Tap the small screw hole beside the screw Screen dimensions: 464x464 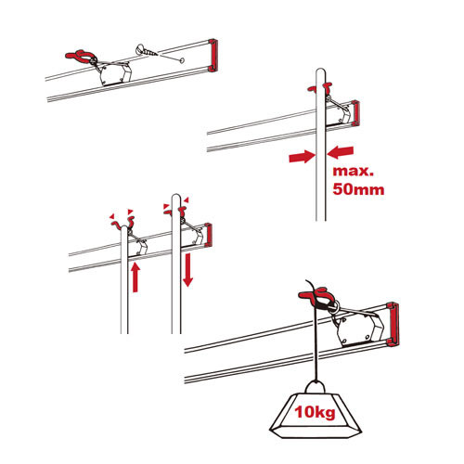click(x=182, y=60)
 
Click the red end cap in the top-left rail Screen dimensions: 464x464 click(x=213, y=56)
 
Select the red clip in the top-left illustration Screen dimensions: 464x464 click(x=80, y=56)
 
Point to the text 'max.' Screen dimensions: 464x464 click(x=353, y=171)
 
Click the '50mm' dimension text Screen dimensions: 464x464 click(x=358, y=189)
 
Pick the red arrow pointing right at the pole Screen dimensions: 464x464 click(x=302, y=156)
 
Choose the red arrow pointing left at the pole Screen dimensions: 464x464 click(x=341, y=152)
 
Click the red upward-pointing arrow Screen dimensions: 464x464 click(x=135, y=277)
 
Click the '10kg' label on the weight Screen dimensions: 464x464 click(x=315, y=412)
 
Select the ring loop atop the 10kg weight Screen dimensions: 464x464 click(x=316, y=386)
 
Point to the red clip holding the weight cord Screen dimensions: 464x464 click(x=316, y=296)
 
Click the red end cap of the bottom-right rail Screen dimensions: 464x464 click(x=393, y=324)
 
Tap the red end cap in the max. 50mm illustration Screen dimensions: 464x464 click(x=355, y=113)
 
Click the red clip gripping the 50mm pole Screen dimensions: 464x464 click(x=320, y=88)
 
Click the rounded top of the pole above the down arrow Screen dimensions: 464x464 click(x=176, y=196)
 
